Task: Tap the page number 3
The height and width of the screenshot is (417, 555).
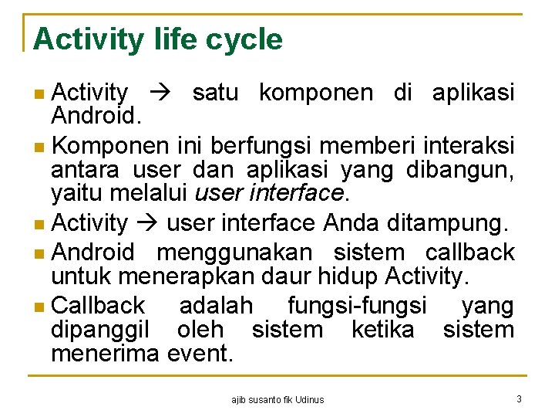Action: click(519, 398)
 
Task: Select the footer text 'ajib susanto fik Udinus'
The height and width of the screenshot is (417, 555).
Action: click(277, 399)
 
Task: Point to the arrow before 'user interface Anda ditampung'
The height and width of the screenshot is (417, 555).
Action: click(146, 224)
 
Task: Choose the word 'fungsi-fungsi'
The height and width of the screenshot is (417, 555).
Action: click(356, 306)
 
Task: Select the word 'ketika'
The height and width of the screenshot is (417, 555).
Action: click(382, 330)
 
